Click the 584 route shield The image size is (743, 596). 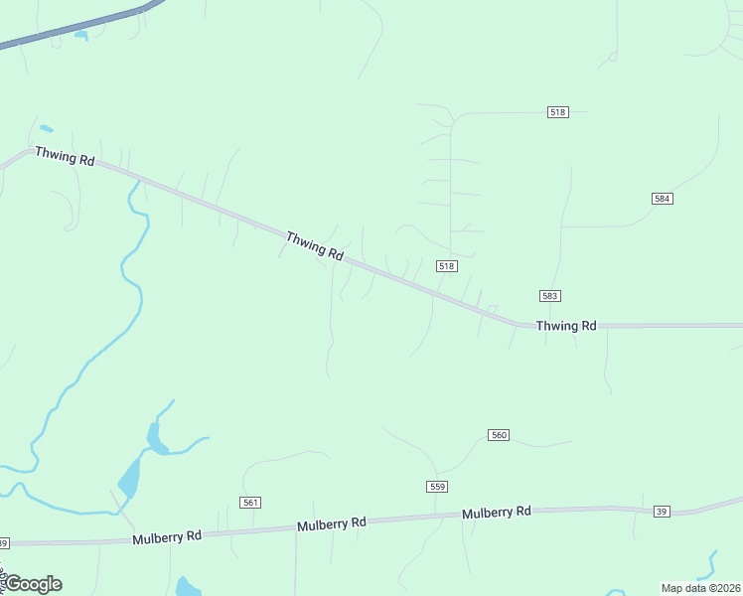[663, 199]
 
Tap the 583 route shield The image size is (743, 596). [551, 296]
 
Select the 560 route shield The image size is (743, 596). [499, 435]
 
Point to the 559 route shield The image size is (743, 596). [437, 486]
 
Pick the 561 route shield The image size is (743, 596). [250, 503]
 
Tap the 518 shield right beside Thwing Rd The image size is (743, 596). [446, 266]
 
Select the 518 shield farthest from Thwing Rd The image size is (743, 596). [557, 112]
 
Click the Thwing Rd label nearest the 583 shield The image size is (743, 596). [566, 326]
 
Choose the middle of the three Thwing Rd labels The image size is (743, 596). [314, 245]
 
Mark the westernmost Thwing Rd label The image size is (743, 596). [64, 156]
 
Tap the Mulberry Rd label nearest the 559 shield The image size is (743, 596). [496, 513]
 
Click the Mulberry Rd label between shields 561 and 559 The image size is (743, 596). [331, 523]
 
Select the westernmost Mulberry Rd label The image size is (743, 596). [167, 536]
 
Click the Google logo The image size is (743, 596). [33, 584]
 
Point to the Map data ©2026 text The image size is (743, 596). [700, 588]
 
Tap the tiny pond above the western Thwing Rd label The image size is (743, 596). [46, 128]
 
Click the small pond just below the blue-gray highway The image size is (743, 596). [80, 37]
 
